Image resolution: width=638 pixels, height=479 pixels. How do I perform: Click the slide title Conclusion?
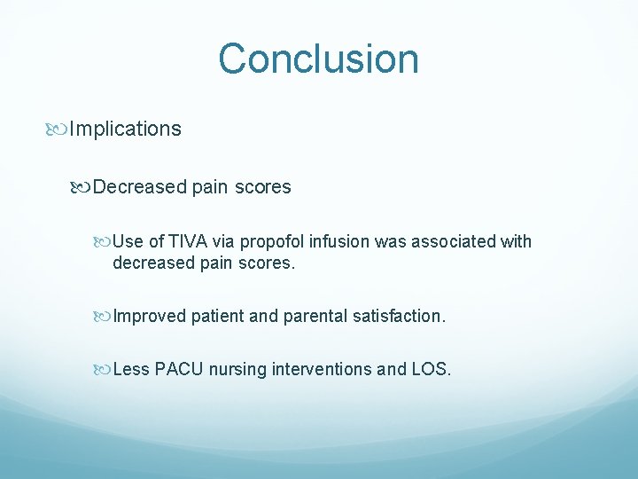click(318, 59)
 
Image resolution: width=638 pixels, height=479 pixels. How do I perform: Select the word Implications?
click(125, 130)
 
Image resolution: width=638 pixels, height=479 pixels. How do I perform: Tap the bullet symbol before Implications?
click(58, 130)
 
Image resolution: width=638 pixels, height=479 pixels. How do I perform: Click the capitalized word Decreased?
click(140, 187)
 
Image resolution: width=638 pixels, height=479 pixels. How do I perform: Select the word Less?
click(131, 369)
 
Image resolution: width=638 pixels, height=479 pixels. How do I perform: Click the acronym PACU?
click(179, 369)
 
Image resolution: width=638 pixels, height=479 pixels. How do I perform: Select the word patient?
click(220, 316)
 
